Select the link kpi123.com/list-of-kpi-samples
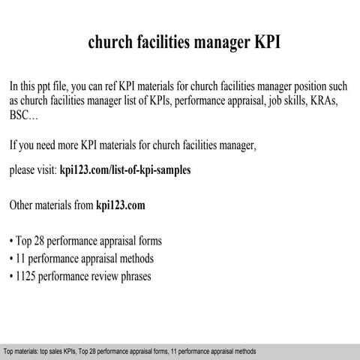click(x=124, y=170)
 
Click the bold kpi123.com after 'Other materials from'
click(x=121, y=205)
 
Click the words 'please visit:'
click(x=32, y=170)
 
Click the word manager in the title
click(x=217, y=43)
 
